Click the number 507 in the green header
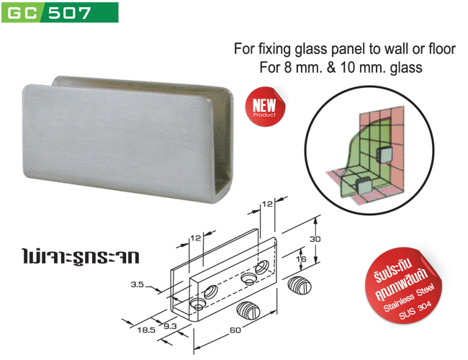point(70,13)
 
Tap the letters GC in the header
point(22,13)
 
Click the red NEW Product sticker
point(265,107)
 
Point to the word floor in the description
point(442,49)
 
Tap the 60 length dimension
point(235,330)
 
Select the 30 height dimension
point(315,239)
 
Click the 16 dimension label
point(301,258)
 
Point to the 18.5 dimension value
point(146,330)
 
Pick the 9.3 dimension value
point(170,326)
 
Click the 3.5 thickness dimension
point(138,284)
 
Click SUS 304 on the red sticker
point(415,310)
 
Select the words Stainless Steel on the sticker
point(409,297)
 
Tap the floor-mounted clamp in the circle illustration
point(364,185)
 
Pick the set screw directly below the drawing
point(249,311)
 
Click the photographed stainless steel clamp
point(127,139)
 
